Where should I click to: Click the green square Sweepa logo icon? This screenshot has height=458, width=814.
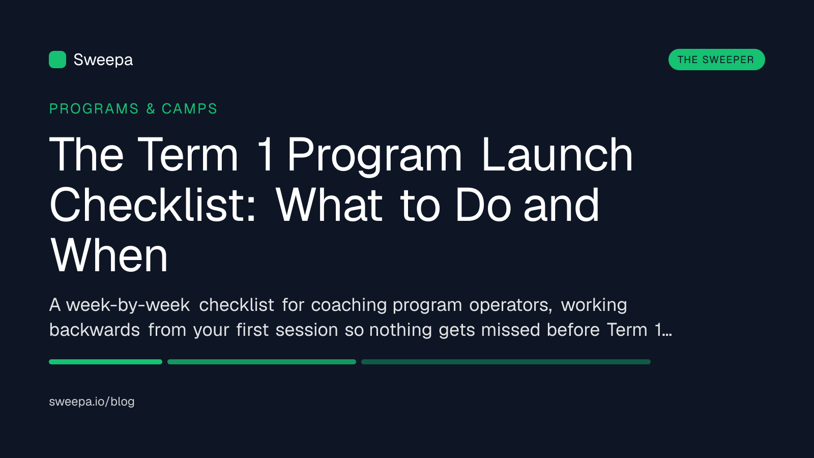coord(57,60)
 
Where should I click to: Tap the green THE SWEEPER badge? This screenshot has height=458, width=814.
coord(717,60)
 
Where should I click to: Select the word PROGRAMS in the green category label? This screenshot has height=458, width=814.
coord(94,109)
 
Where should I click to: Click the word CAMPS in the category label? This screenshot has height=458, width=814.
coord(189,109)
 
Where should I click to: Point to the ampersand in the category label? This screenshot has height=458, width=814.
coord(151,109)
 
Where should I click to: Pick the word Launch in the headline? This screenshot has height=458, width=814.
coord(558,154)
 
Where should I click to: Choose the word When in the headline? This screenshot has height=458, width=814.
coord(109,254)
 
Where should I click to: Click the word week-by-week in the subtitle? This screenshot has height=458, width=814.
coord(128,305)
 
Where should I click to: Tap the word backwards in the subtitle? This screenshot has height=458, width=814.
coord(95,330)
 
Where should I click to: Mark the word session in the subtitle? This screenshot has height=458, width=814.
coord(307,330)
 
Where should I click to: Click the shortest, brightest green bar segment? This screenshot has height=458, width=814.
coord(106,362)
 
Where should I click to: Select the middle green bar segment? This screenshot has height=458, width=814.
coord(261,362)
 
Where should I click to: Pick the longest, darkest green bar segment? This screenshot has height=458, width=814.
coord(506,362)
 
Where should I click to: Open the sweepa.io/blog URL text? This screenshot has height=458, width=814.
coord(92,402)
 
